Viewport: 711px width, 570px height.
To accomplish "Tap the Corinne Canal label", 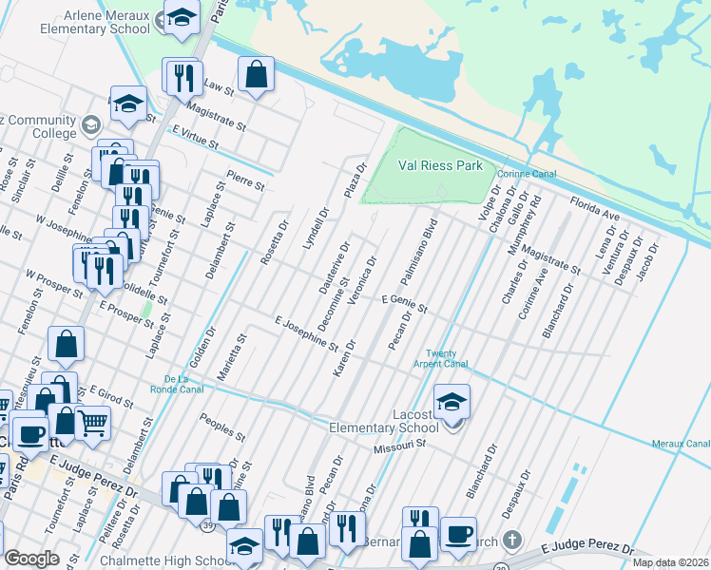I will coord(524,174).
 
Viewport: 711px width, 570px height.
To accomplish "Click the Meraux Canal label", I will coord(681,444).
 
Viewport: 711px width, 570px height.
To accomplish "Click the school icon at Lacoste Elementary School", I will coord(452,401).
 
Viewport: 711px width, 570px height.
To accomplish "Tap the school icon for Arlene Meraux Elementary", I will coord(180,17).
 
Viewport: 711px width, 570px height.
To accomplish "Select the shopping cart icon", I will coord(92,422).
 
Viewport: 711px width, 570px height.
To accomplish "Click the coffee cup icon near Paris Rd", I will coord(30,433).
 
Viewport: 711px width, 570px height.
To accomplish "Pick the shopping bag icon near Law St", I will coord(256,73).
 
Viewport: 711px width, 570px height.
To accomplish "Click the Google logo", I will coord(31,559).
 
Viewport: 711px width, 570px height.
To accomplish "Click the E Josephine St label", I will coord(306,332).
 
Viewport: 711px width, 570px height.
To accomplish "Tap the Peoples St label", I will coord(220,425).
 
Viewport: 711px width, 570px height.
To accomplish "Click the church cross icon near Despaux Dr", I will coord(512,541).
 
